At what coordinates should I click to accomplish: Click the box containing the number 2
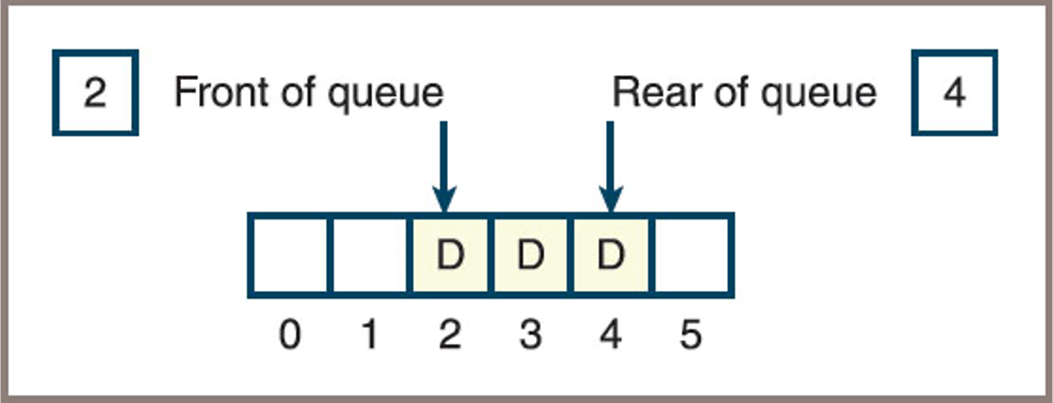95,95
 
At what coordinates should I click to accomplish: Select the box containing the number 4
955,95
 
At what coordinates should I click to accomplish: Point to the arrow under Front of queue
443,166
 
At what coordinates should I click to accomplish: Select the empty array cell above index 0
288,255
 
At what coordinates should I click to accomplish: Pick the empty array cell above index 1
369,255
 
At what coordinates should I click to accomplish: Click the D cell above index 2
450,255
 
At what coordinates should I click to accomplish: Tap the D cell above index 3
530,255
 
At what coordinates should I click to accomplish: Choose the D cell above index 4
610,255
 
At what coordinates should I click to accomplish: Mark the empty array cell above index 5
690,255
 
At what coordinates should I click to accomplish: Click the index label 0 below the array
289,336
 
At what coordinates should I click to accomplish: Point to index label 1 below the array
369,336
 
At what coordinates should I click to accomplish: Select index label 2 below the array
449,336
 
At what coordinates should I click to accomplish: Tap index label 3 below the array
530,336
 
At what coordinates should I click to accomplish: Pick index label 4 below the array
610,336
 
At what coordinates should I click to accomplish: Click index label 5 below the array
690,336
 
